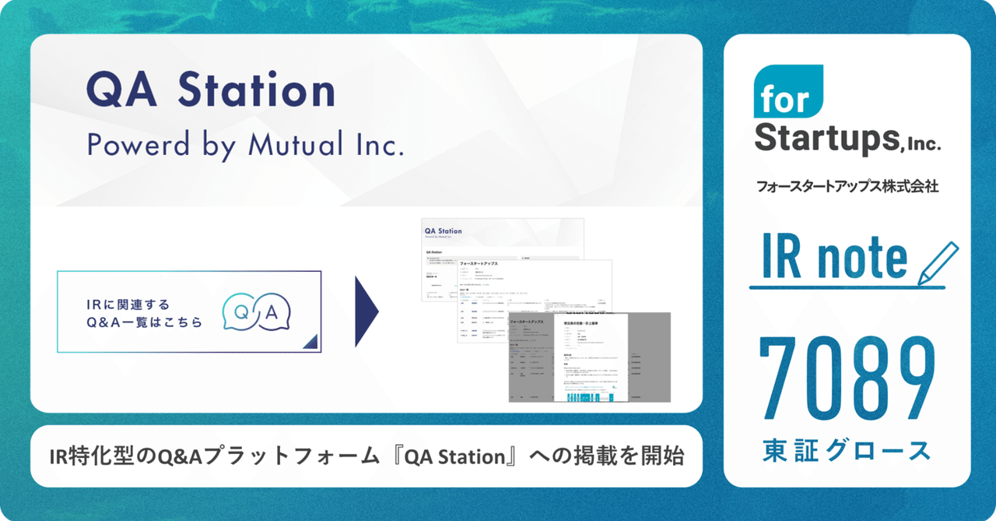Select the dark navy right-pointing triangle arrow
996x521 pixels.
point(366,312)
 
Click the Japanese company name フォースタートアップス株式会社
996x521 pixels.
point(847,187)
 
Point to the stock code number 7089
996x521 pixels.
point(847,377)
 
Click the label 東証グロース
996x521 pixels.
point(847,450)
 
